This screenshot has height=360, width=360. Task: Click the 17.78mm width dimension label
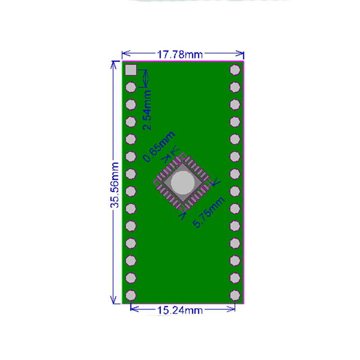180,54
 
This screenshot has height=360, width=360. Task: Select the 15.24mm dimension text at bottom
180,310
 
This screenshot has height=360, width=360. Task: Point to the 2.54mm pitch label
147,110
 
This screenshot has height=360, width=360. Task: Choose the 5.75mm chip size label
208,212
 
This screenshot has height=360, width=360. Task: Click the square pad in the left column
130,70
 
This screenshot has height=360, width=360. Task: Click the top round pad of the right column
234,70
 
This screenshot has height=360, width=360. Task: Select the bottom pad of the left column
130,295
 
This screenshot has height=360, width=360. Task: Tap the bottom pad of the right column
234,295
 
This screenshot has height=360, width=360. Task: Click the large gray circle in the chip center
182,181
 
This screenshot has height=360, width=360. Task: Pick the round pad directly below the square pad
130,87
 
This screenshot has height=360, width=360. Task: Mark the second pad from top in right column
234,87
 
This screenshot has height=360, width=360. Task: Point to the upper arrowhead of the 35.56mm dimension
113,64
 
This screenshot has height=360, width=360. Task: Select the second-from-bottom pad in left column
130,278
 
